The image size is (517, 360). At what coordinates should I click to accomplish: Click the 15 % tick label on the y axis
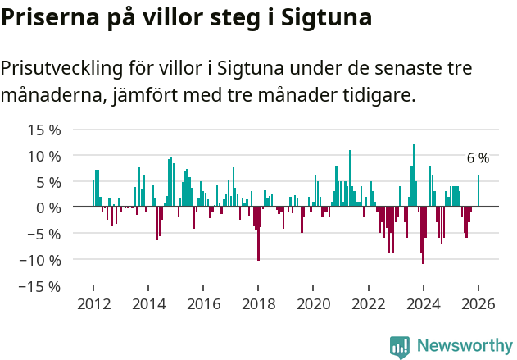click(x=45, y=130)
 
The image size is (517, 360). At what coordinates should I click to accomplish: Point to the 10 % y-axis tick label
click(x=45, y=156)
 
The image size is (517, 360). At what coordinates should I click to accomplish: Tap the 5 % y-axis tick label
click(x=48, y=182)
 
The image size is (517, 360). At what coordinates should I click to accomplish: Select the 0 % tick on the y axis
click(x=48, y=207)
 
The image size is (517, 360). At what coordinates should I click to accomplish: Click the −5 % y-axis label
click(x=45, y=234)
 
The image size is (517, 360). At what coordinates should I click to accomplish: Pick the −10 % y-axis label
click(x=41, y=260)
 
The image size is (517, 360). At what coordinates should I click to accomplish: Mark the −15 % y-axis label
click(x=41, y=286)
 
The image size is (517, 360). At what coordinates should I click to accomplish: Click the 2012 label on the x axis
click(x=93, y=304)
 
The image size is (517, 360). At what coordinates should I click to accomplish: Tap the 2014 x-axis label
click(x=147, y=304)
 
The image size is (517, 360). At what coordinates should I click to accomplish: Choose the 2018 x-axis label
click(x=258, y=304)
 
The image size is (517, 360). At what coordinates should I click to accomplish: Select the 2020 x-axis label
click(x=313, y=304)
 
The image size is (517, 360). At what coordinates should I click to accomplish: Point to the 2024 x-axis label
click(x=424, y=304)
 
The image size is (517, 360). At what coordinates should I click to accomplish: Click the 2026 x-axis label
click(x=478, y=304)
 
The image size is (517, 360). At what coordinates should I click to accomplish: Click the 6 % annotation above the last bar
click(x=478, y=158)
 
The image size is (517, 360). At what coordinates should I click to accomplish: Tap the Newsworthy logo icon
click(x=400, y=347)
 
